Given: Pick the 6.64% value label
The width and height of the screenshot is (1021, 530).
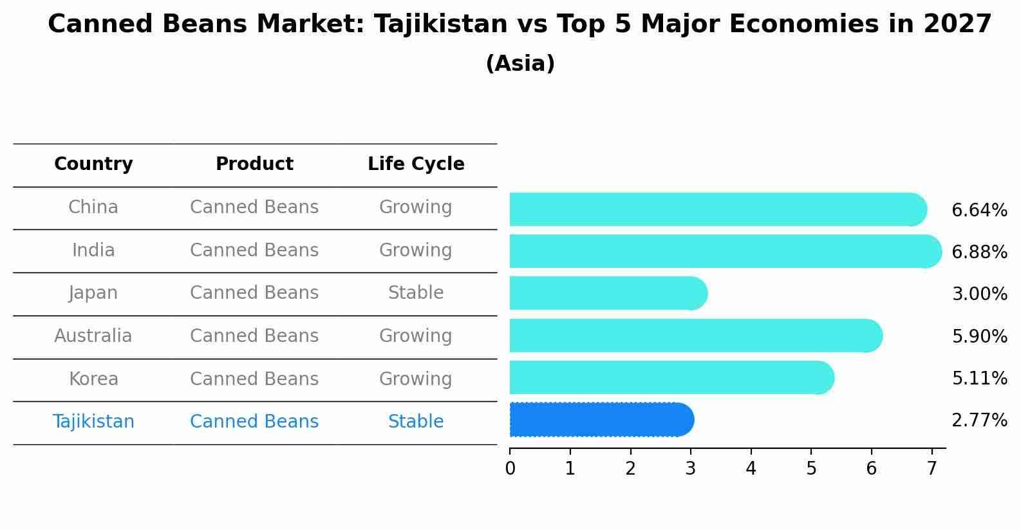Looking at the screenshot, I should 979,210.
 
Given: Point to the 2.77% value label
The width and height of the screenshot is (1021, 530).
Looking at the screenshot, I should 979,421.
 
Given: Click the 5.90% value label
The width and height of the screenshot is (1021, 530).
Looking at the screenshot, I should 979,336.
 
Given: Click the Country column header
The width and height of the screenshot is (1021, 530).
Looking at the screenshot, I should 93,164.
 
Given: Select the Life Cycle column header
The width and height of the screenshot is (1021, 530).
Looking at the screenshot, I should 416,164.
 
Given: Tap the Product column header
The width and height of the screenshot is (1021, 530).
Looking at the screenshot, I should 254,164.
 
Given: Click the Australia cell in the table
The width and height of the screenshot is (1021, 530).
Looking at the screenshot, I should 93,336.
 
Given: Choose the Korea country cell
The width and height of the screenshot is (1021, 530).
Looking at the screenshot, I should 93,379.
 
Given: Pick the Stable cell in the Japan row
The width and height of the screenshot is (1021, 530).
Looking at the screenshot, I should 416,293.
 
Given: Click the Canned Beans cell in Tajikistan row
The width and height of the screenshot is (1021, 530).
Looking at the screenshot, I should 254,422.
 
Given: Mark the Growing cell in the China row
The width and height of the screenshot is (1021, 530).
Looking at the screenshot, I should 416,207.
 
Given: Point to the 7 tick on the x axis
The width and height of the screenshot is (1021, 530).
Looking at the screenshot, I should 932,469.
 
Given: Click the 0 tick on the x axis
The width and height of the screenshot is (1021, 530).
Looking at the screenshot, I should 510,469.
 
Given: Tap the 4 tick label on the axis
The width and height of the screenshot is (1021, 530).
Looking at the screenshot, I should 751,469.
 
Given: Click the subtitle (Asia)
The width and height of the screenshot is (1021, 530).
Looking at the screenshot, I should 520,64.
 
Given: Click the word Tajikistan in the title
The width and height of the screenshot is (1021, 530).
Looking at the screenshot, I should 441,24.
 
